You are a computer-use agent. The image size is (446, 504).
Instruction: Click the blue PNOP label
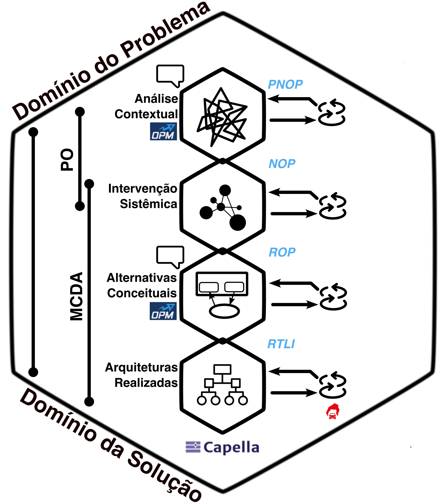click(285, 84)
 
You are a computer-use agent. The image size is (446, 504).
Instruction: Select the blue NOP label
click(282, 164)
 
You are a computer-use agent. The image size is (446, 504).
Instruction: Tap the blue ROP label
click(282, 252)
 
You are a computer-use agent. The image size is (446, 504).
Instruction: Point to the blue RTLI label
click(281, 344)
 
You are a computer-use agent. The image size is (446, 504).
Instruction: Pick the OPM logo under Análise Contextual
click(163, 132)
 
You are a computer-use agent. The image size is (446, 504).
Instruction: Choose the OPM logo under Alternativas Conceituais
click(163, 311)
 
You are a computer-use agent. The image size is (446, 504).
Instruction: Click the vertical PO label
click(67, 159)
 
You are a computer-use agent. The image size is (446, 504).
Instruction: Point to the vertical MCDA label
click(77, 296)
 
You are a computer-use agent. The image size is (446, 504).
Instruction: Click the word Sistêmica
click(148, 204)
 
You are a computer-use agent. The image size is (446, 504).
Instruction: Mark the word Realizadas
click(146, 383)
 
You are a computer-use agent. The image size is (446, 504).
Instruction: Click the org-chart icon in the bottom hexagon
click(222, 385)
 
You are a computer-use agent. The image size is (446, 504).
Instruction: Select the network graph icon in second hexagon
click(223, 207)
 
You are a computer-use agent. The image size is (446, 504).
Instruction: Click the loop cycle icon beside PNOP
click(332, 113)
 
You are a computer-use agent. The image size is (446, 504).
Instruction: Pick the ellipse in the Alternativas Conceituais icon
click(224, 312)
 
